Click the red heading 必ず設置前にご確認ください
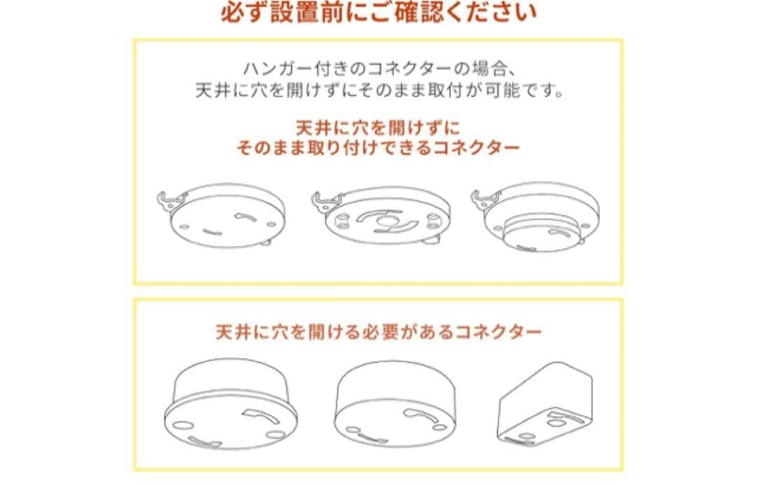379,12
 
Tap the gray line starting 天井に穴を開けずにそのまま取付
379,90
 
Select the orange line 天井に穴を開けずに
378,128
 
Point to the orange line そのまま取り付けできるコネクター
378,148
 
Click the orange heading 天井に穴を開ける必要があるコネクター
378,332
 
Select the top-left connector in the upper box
221,214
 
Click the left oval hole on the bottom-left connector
183,425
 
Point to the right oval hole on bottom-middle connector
439,427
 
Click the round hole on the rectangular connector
554,423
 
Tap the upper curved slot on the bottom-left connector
258,414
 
